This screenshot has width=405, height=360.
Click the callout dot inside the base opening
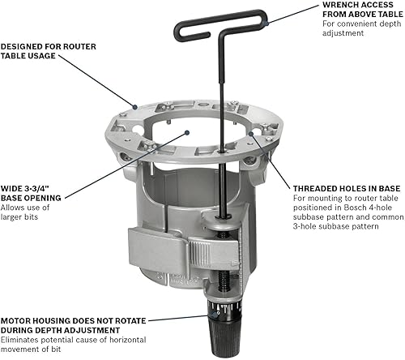(x=186, y=130)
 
